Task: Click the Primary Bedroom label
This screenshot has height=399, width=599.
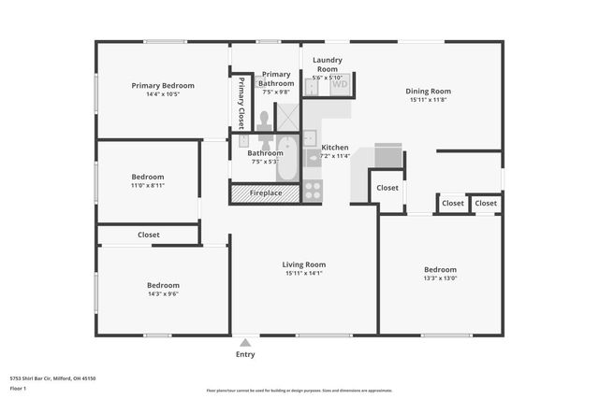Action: click(155, 85)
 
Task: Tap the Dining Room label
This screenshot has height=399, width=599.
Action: click(429, 91)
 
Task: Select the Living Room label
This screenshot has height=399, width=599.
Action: click(303, 264)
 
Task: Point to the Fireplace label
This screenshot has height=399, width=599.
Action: click(266, 193)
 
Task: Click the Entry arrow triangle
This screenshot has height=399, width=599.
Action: click(245, 342)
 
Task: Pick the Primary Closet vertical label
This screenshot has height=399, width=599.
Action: click(241, 102)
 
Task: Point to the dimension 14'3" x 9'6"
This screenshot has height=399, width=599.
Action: click(162, 293)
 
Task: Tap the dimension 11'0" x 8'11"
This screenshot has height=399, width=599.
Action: click(147, 185)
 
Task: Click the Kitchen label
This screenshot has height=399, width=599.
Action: click(335, 148)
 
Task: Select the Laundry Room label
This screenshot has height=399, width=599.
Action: click(328, 64)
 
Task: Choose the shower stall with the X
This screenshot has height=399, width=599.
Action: click(287, 116)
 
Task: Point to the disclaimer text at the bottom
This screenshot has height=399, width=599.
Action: click(299, 390)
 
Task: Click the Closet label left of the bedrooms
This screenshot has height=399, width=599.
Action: click(148, 235)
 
